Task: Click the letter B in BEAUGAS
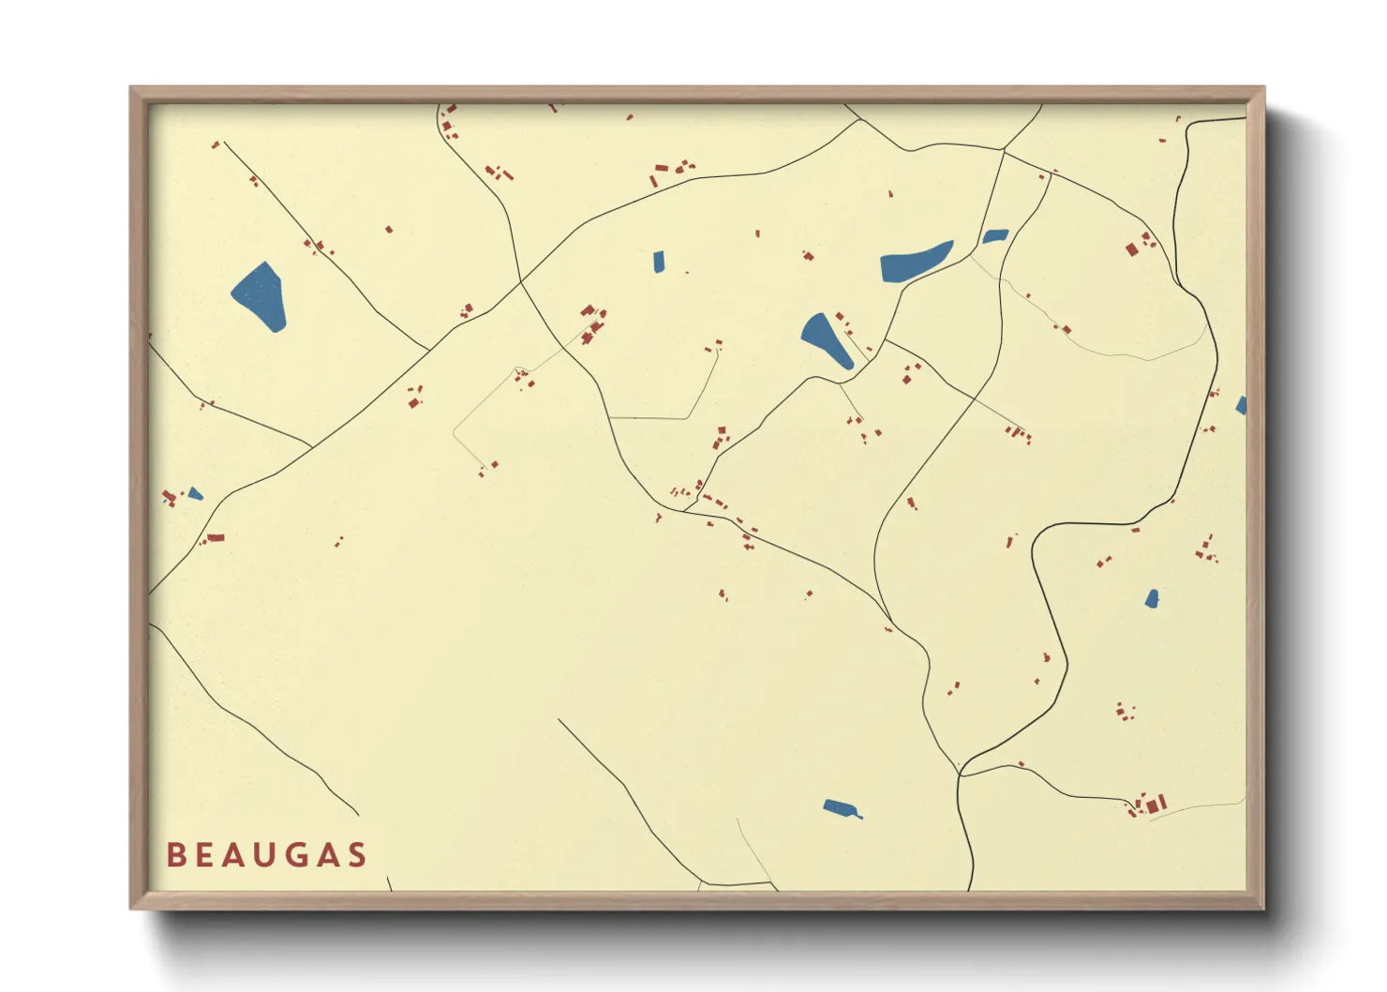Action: coord(175,855)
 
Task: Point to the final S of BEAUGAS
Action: coord(356,855)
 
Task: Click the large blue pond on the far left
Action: coord(261,296)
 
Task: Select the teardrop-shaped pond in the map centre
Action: coord(826,340)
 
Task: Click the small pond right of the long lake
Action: coord(994,236)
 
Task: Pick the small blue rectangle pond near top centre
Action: coord(659,262)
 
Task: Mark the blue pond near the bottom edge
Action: coord(842,808)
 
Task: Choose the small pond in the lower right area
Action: coord(1152,599)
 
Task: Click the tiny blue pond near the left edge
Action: coord(195,493)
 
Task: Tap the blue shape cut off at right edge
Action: coord(1242,406)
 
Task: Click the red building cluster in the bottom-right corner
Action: coord(1151,804)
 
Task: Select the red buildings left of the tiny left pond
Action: coord(170,497)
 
